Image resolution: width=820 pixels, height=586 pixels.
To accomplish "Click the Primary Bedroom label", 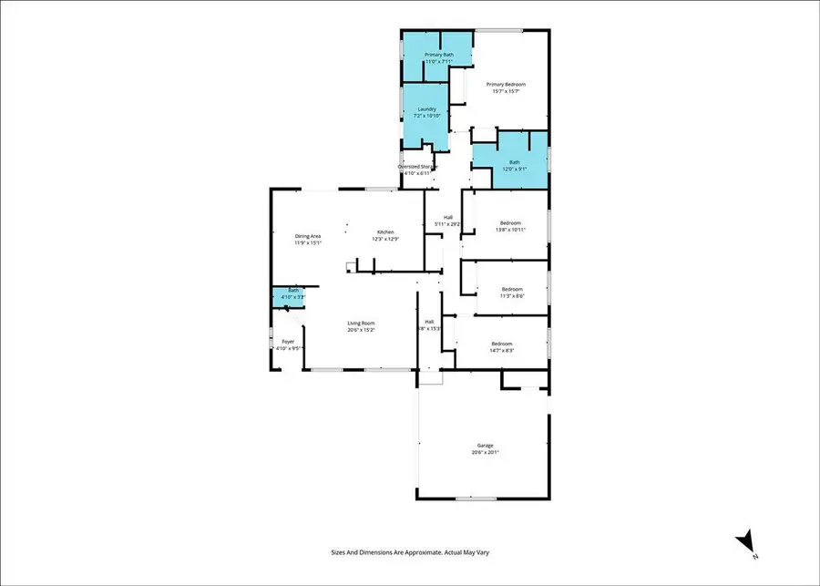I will click(506, 85).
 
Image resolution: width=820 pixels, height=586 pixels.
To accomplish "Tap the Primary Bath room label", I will click(438, 55).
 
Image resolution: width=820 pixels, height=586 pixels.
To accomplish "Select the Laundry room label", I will click(426, 109).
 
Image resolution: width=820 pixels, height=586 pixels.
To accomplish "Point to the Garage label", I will click(485, 446).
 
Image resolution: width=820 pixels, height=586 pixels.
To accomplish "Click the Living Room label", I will click(361, 323).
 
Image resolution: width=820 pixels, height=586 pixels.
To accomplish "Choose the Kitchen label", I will click(385, 232).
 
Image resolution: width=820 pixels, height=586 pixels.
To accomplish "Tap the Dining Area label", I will click(308, 236).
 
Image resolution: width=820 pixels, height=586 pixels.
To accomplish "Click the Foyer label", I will click(287, 342).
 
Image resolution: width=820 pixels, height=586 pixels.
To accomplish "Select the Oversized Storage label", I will click(418, 167).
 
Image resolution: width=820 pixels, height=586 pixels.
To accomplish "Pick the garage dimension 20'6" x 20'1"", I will click(485, 453).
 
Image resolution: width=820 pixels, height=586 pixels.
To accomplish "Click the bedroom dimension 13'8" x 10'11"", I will click(510, 230).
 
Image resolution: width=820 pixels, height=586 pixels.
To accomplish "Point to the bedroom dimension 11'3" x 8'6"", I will click(510, 296).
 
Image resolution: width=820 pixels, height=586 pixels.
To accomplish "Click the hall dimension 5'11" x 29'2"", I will click(447, 223).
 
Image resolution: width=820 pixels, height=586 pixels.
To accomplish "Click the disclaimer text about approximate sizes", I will click(410, 552).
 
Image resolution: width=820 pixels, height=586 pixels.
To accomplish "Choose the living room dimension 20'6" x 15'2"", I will click(361, 330).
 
